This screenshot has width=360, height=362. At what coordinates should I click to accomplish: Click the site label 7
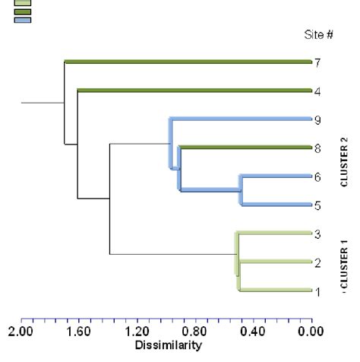click(x=319, y=62)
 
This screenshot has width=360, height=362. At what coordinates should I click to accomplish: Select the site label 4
click(x=319, y=90)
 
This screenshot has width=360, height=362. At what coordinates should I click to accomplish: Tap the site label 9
click(x=319, y=119)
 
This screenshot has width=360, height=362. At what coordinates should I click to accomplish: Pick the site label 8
click(x=319, y=148)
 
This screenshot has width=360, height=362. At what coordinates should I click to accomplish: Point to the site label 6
click(x=319, y=176)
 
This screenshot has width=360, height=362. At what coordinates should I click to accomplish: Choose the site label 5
click(x=319, y=205)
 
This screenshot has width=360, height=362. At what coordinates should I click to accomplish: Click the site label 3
click(x=319, y=233)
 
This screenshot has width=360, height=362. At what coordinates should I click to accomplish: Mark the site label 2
click(x=319, y=262)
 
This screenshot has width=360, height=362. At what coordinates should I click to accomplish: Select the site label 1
click(x=319, y=291)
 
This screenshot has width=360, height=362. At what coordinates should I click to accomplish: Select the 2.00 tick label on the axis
click(x=21, y=333)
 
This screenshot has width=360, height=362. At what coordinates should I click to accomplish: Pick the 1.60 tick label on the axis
click(x=79, y=333)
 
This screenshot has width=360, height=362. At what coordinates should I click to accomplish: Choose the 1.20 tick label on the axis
click(x=137, y=333)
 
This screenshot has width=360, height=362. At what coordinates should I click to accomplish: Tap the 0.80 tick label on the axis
click(x=195, y=333)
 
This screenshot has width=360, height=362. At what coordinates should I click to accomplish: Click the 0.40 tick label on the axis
click(x=253, y=333)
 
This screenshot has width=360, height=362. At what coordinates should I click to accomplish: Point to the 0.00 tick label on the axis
click(x=311, y=333)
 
